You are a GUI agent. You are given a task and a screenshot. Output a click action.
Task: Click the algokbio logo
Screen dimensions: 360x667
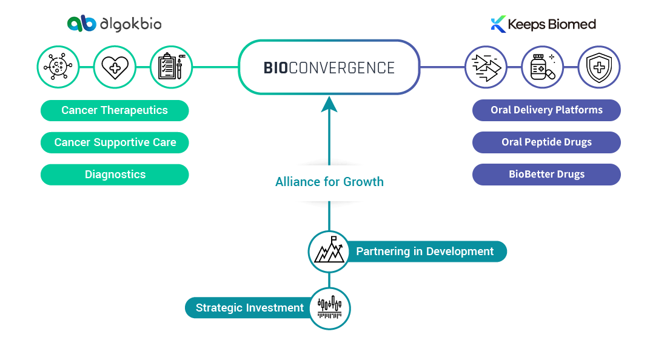[114, 24]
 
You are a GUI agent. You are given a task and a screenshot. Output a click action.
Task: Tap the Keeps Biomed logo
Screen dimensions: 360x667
[543, 24]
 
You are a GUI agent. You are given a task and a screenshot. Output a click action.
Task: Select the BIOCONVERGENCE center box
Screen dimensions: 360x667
[329, 67]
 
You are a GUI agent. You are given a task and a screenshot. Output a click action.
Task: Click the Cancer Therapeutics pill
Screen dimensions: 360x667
[115, 110]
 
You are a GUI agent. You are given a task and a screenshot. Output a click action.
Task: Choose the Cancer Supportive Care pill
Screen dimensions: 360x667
[115, 142]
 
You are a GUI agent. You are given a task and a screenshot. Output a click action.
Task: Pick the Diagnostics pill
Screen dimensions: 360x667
[115, 175]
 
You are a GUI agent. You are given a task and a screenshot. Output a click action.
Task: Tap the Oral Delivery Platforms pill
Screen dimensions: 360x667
[546, 110]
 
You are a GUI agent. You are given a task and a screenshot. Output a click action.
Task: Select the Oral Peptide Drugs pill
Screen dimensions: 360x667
[546, 142]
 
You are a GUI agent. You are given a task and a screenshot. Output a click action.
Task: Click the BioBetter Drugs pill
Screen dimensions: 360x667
[546, 175]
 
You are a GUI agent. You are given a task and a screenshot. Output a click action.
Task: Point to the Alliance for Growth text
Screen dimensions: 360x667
[329, 182]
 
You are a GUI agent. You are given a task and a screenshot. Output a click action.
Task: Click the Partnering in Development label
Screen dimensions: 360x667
[424, 252]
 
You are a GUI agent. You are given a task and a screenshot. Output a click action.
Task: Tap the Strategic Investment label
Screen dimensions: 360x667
[249, 308]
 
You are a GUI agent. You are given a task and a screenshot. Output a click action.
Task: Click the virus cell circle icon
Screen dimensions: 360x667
[58, 67]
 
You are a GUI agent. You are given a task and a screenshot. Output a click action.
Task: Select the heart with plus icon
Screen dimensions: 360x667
[115, 67]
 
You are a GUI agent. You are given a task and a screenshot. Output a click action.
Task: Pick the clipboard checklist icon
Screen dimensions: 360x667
[171, 67]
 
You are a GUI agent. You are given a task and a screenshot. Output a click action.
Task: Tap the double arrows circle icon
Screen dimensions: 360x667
[486, 67]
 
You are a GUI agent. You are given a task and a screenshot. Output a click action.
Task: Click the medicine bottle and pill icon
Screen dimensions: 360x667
[543, 67]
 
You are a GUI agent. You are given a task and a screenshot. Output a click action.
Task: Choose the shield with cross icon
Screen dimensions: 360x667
[598, 67]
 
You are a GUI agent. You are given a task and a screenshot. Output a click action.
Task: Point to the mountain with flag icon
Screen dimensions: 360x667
[329, 252]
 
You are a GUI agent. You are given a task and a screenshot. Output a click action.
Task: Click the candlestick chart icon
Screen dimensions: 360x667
[329, 308]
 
